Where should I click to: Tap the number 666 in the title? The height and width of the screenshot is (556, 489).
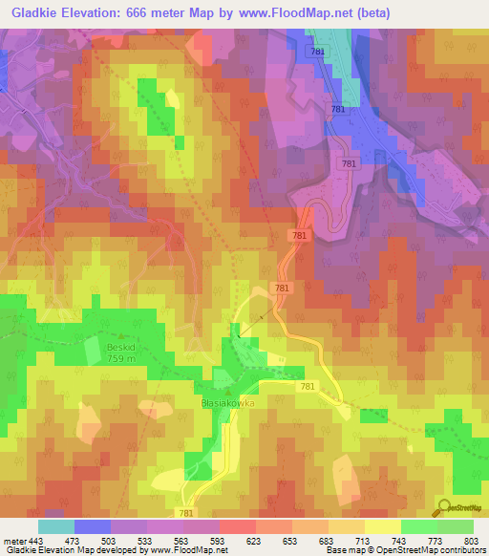(153, 12)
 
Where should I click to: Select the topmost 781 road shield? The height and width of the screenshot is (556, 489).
(317, 52)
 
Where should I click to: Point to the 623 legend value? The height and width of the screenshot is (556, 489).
(254, 540)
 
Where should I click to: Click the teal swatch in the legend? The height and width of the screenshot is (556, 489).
(56, 526)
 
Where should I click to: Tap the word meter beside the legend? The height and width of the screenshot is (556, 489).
(14, 540)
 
